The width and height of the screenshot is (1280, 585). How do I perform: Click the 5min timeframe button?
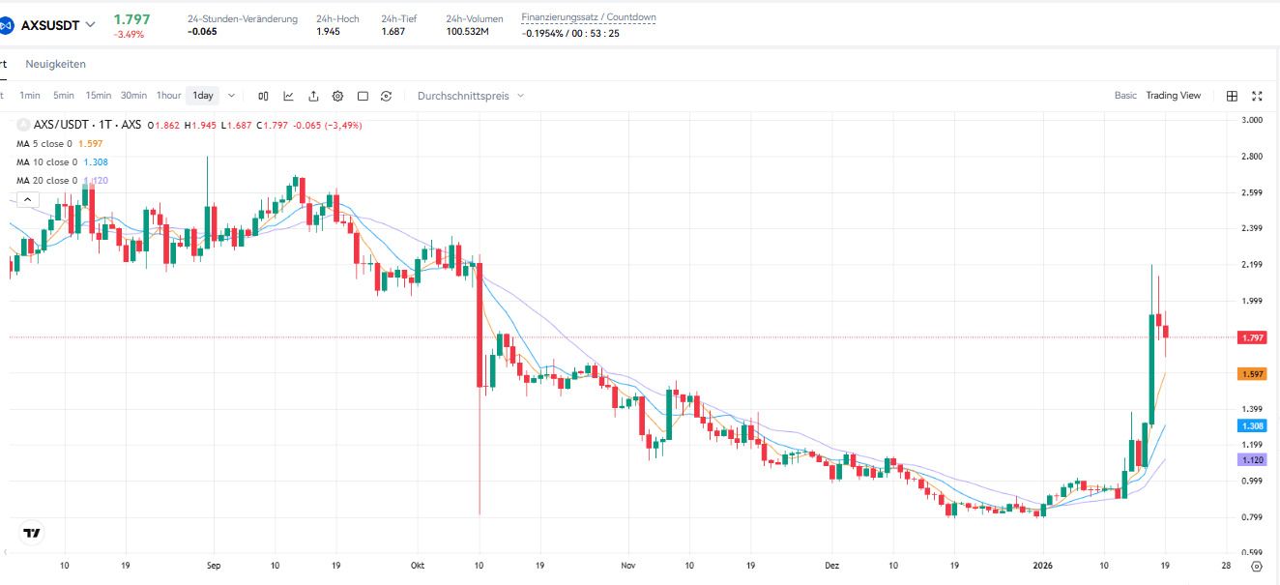coord(64,96)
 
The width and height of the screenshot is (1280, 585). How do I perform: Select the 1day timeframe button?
coord(203,96)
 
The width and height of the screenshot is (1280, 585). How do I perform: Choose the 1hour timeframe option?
coord(168,96)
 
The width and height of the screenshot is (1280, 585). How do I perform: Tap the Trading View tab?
coord(1173,96)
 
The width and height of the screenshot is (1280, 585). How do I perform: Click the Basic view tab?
coord(1125,96)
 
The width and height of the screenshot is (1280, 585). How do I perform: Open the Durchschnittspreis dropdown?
coord(470,96)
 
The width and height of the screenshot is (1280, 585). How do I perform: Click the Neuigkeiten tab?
coord(55,64)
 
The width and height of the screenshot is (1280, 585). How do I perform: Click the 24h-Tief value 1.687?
coord(393,32)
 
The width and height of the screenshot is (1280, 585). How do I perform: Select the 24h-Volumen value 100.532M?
coord(467,32)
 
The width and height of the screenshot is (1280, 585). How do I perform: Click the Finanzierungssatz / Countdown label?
coord(588,17)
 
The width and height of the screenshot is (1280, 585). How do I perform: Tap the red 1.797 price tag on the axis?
coord(1251,337)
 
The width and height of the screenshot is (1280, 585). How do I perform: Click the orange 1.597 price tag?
coord(1251,373)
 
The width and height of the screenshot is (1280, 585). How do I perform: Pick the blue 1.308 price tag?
coord(1251,425)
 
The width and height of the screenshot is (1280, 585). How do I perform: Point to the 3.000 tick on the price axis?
coord(1252,120)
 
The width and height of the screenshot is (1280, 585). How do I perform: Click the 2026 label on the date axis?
coord(1041,565)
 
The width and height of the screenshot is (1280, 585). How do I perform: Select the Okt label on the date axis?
coord(418,565)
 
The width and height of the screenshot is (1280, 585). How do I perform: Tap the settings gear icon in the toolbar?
coord(337,96)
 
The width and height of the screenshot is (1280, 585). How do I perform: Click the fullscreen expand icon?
coord(1257,96)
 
